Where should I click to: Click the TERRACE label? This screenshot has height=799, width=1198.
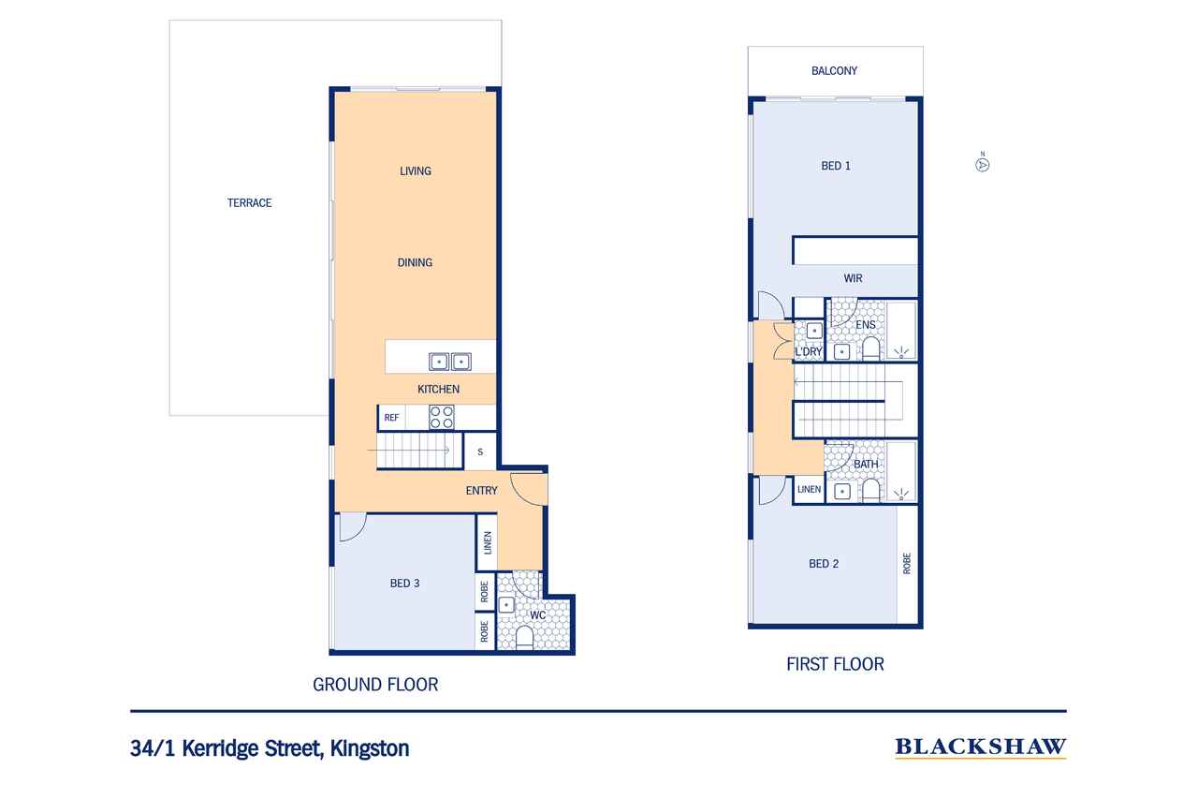click(249, 203)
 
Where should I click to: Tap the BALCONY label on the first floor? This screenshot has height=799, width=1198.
click(834, 70)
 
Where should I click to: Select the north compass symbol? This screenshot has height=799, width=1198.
click(982, 164)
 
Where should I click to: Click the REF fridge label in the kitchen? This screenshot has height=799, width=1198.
click(391, 418)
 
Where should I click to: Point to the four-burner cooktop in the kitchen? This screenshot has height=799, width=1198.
click(442, 418)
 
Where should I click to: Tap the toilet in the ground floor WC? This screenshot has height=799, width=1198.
click(524, 639)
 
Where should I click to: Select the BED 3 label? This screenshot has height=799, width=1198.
click(405, 584)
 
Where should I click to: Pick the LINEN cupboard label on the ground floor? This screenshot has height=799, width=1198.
click(488, 542)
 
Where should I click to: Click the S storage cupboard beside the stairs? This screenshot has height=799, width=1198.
click(480, 451)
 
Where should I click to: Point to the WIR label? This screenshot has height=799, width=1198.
click(853, 278)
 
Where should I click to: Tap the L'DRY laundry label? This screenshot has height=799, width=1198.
click(808, 351)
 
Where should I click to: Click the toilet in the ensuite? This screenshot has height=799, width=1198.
click(870, 349)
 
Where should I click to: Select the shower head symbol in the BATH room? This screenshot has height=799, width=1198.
click(901, 495)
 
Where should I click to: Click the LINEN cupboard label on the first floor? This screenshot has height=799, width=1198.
click(809, 489)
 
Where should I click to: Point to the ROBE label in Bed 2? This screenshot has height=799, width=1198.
click(907, 564)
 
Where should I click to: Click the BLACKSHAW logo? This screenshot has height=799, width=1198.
click(980, 747)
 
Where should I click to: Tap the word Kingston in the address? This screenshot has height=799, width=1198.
click(370, 748)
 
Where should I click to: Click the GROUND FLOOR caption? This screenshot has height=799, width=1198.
click(375, 685)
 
